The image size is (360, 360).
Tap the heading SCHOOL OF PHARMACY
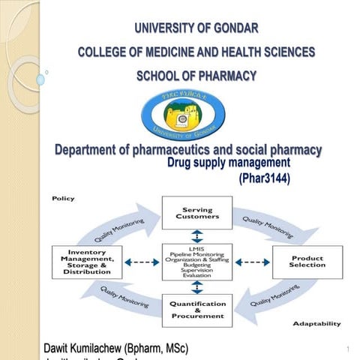coord(196,76)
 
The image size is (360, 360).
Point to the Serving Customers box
coord(196,213)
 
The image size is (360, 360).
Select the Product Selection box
coord(307,262)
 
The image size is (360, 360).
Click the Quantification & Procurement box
coord(196,310)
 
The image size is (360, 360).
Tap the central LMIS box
coord(196,262)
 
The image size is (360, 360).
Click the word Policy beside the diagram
coord(62,199)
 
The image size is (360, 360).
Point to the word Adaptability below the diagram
coord(316,324)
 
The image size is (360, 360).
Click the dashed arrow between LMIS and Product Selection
coord(253,262)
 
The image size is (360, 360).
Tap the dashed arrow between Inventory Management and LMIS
coord(141,262)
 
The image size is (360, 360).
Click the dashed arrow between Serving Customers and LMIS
coord(196,236)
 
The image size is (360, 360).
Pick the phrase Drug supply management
coord(228,163)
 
